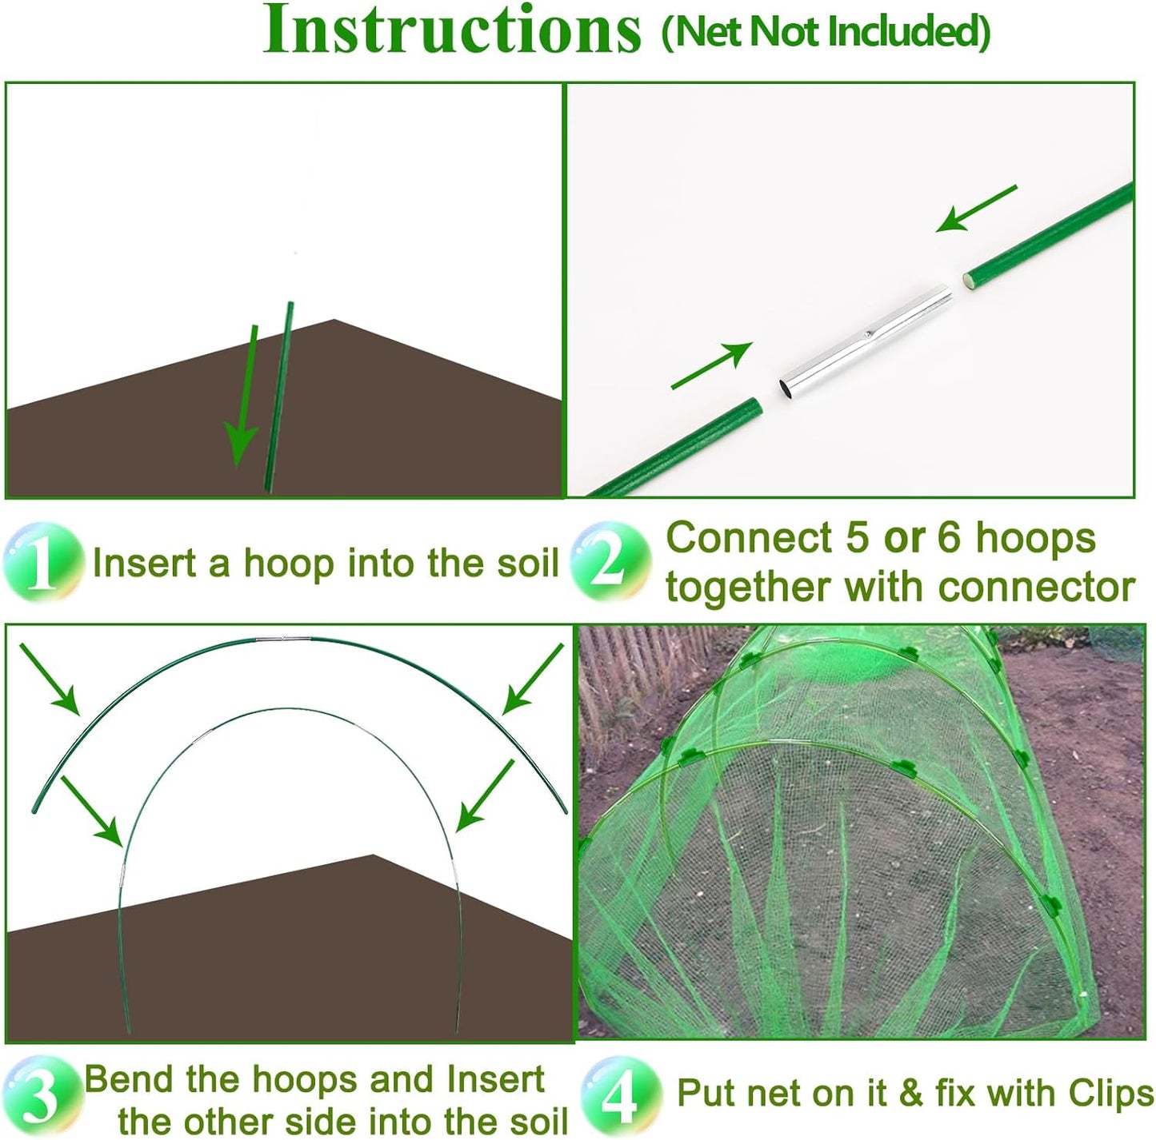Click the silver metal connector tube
point(866,345)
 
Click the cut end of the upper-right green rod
point(970,281)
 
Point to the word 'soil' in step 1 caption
point(521,563)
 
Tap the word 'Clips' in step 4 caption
point(1108,1094)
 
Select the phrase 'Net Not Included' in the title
point(826,32)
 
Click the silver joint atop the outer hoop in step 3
point(283,639)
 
